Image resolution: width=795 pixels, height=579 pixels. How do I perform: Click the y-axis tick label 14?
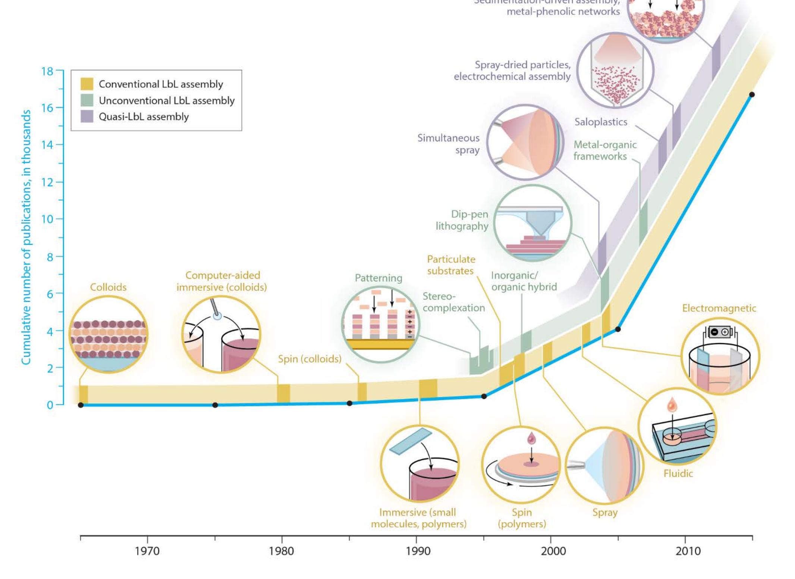(x=47, y=145)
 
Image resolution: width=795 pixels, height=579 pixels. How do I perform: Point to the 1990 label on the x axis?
(x=418, y=551)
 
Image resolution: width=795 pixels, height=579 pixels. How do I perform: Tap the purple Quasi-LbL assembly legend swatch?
(x=87, y=116)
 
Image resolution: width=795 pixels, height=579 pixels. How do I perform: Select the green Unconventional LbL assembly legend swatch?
(x=87, y=100)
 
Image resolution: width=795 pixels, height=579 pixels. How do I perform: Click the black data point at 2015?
(x=752, y=95)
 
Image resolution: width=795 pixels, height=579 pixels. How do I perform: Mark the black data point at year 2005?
(x=618, y=329)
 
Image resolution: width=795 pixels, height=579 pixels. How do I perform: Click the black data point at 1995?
(x=484, y=396)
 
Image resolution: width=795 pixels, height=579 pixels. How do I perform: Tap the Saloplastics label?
(x=601, y=122)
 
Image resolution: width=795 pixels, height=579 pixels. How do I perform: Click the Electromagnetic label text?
(x=719, y=308)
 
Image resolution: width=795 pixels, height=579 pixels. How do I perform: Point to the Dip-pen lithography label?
(x=462, y=220)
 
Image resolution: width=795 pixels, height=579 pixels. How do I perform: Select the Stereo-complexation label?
(x=453, y=302)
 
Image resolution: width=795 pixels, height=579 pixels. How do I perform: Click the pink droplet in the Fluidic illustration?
(x=672, y=405)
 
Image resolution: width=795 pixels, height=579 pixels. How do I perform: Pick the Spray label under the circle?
(x=605, y=512)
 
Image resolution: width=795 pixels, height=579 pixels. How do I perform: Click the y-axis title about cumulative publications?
(x=26, y=237)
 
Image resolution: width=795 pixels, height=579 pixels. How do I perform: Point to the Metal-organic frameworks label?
(x=604, y=150)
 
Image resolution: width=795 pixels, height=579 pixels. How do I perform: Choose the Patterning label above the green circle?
(x=378, y=278)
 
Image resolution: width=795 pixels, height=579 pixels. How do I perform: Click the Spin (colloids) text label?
(x=309, y=359)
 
